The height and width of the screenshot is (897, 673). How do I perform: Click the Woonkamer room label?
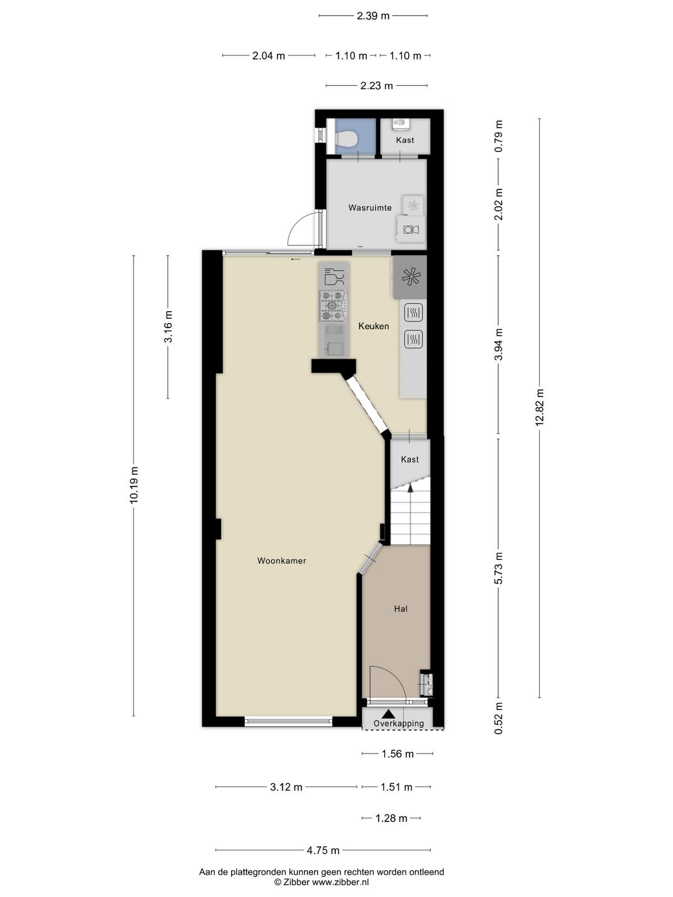(282, 561)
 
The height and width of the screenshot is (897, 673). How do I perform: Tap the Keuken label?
(374, 326)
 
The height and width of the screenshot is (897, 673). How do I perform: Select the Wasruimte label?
(370, 207)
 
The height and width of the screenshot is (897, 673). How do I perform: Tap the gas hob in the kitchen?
(333, 306)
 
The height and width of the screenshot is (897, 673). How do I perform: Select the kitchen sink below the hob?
(334, 340)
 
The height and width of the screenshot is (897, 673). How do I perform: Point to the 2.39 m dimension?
(373, 16)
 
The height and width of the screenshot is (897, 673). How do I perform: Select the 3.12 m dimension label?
(286, 787)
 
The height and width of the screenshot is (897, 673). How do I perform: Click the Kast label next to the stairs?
(410, 459)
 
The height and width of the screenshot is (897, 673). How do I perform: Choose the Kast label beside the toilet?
(405, 140)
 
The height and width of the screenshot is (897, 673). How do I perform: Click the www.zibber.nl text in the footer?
(340, 882)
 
